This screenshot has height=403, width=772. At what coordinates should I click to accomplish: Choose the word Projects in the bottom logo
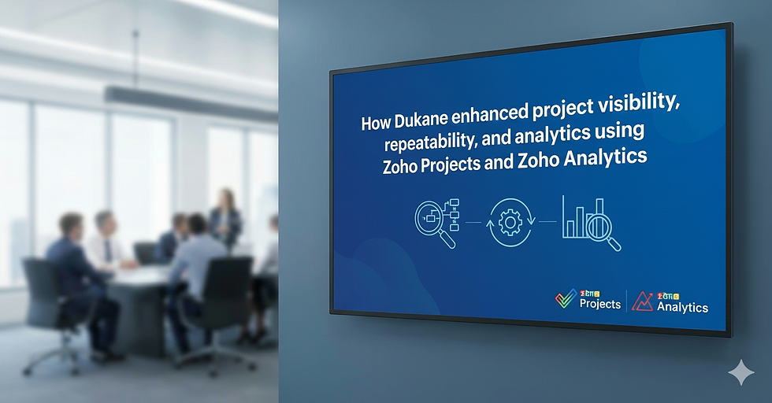(x=599, y=304)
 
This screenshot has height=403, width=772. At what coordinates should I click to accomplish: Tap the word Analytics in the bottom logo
(x=682, y=308)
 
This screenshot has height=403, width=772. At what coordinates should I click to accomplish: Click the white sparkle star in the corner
(x=740, y=373)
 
